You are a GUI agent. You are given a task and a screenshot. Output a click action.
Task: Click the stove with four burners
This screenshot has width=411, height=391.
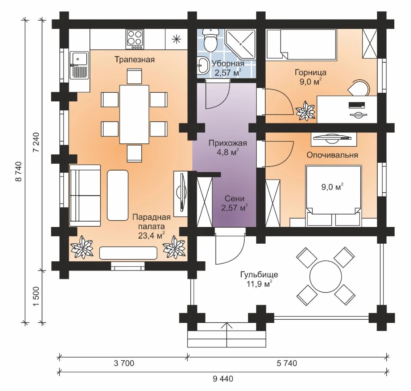(135, 39)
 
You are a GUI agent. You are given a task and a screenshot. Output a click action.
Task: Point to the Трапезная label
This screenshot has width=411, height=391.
(135, 60)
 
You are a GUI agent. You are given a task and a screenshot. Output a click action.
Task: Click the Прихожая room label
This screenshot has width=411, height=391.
(228, 143)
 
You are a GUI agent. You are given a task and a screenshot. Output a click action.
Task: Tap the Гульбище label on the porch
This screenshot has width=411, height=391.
(259, 275)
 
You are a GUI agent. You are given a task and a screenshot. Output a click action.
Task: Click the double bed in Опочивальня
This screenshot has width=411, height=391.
(334, 195)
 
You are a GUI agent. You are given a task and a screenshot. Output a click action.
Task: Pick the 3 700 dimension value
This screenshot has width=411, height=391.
(124, 363)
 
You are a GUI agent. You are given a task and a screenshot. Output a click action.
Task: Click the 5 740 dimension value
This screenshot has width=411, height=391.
(287, 363)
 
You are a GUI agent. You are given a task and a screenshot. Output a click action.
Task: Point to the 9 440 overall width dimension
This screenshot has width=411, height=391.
(223, 379)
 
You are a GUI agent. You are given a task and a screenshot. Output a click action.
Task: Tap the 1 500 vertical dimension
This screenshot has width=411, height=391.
(36, 296)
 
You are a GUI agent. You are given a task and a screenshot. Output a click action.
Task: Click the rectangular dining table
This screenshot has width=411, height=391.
(134, 114)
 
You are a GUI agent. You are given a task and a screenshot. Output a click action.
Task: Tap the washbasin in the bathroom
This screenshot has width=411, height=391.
(203, 65)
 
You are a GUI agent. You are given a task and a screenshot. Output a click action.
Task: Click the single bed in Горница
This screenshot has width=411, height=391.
(301, 44)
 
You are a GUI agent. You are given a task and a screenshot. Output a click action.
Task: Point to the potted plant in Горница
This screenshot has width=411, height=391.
(306, 111)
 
